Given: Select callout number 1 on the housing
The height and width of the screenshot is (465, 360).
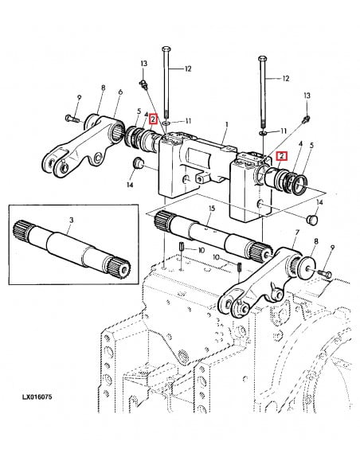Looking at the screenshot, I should [226, 124].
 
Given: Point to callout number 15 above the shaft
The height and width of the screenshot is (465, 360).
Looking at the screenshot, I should [211, 209].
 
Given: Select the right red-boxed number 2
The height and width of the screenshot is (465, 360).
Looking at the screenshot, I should [280, 155].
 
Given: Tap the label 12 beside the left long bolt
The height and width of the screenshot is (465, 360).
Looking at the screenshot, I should [189, 69].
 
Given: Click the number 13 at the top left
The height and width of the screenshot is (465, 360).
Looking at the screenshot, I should [143, 62].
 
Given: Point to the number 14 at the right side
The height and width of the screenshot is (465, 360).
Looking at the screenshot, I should [319, 203].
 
